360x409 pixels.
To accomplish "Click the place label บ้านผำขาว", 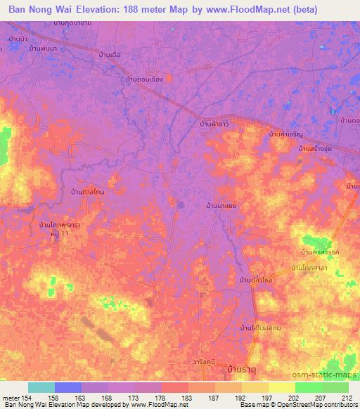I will pos(214,124).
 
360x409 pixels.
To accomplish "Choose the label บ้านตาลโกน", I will pos(89,190).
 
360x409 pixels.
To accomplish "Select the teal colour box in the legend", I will pos(41,387).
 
